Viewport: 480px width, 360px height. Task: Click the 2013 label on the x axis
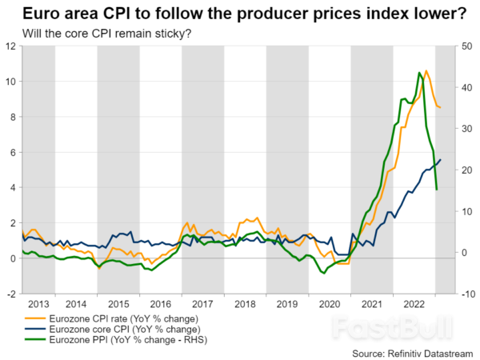click(38, 304)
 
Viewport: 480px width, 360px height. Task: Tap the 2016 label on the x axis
click(161, 304)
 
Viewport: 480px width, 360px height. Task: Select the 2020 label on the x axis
click(330, 304)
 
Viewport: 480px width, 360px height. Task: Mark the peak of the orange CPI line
click(426, 71)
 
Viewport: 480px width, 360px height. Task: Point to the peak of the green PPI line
click(419, 73)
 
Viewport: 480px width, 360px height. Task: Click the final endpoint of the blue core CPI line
click(440, 160)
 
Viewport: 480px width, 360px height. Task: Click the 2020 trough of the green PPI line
click(323, 273)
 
